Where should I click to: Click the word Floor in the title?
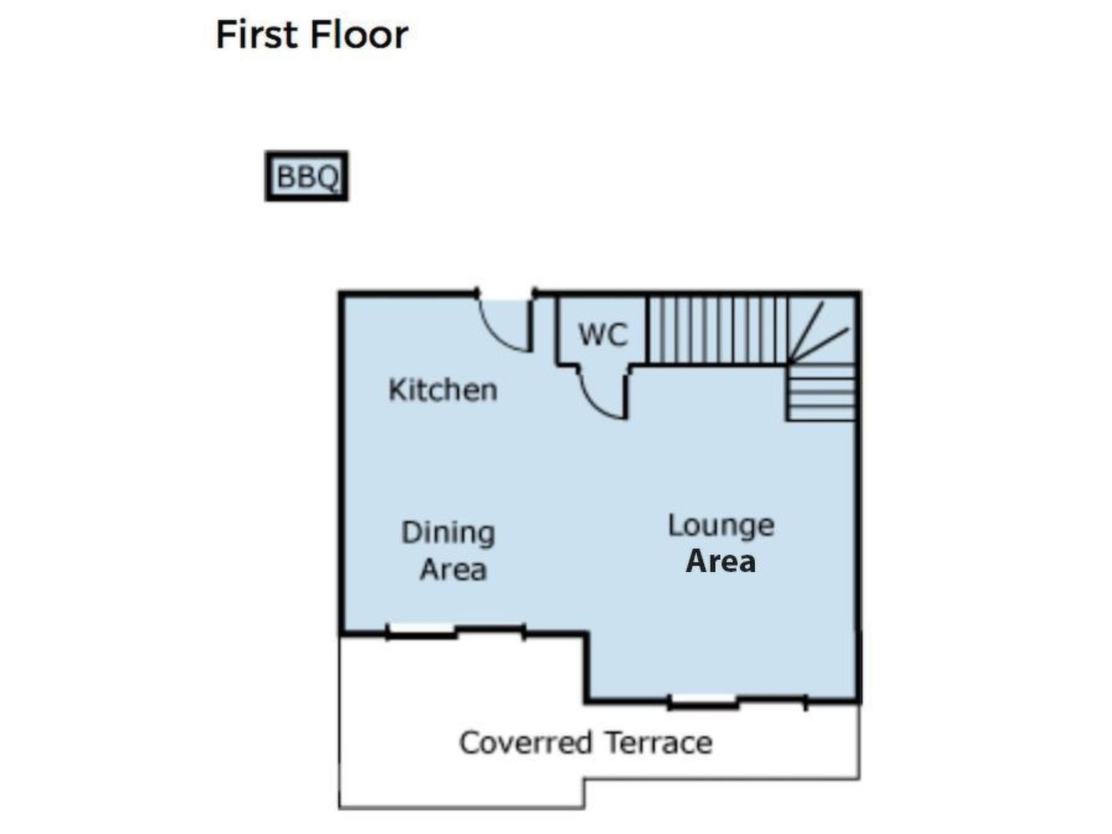pyautogui.click(x=359, y=35)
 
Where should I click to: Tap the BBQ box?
pyautogui.click(x=306, y=176)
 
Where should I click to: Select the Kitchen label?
pyautogui.click(x=443, y=390)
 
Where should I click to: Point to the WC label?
pyautogui.click(x=603, y=334)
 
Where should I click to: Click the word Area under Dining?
pyautogui.click(x=453, y=570)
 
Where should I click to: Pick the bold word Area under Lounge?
pyautogui.click(x=721, y=561)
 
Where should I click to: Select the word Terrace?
pyautogui.click(x=659, y=742)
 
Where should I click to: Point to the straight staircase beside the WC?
pyautogui.click(x=718, y=330)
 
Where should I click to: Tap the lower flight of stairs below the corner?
pyautogui.click(x=821, y=392)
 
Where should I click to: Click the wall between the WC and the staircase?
pyautogui.click(x=647, y=330)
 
